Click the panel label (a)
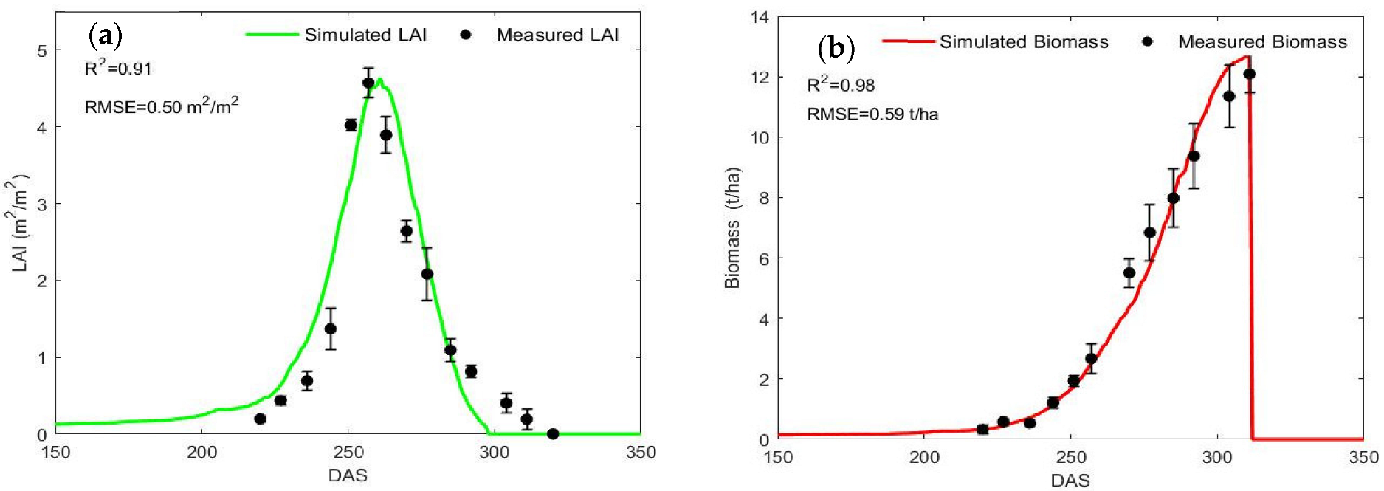[x=105, y=35]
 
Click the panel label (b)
[x=836, y=49]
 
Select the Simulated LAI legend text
[x=365, y=35]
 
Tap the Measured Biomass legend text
[x=1262, y=42]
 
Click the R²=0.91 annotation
[x=118, y=69]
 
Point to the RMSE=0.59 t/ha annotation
[x=872, y=114]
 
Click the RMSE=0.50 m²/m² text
[x=162, y=106]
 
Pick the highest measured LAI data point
[x=368, y=83]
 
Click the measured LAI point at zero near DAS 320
[x=553, y=434]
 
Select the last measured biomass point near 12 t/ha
[x=1249, y=74]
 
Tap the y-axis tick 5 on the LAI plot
[x=42, y=51]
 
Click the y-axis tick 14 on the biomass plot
[x=760, y=17]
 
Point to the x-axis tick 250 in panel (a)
[x=348, y=452]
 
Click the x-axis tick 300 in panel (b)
[x=1217, y=457]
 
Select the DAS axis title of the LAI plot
[x=348, y=475]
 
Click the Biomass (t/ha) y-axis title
[x=731, y=228]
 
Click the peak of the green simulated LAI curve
[x=379, y=79]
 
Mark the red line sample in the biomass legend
[x=908, y=41]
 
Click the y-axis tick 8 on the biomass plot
[x=764, y=198]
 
